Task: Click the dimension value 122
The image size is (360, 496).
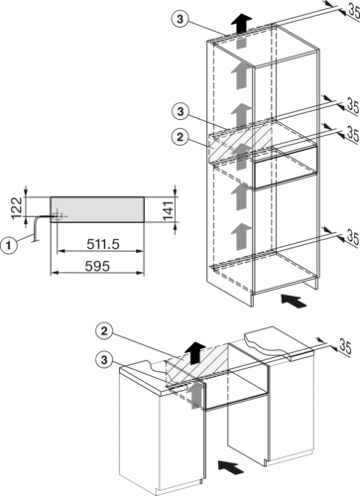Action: tap(17, 208)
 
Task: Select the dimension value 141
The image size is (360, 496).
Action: tap(168, 210)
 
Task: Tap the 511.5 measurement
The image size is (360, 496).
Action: tap(103, 244)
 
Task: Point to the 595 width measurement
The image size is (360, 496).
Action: tap(97, 266)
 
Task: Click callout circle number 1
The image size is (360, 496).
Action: tap(9, 246)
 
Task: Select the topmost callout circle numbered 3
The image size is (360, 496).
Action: tap(180, 19)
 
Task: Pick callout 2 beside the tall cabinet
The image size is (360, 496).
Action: tap(180, 137)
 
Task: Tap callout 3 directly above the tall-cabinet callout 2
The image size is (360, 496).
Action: tap(180, 111)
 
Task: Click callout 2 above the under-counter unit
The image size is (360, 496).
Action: tap(104, 331)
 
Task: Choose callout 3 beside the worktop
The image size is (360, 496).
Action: tap(104, 359)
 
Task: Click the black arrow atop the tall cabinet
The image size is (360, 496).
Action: tap(241, 23)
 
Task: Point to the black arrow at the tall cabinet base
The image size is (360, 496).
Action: tap(294, 301)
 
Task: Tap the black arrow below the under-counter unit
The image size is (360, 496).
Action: tap(231, 466)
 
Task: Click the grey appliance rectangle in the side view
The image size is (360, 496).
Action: tap(97, 209)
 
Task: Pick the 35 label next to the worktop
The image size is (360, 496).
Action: tap(345, 346)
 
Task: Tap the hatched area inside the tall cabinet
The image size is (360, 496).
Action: tap(240, 141)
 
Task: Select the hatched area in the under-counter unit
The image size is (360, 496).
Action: tap(197, 364)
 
